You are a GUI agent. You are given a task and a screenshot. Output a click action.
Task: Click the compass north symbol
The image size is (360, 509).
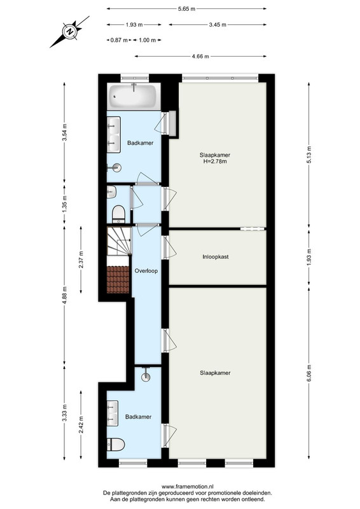click(69, 32)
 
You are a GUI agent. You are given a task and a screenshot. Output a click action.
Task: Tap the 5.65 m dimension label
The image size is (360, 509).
click(186, 9)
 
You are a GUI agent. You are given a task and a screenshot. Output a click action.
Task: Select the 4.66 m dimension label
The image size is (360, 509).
click(200, 57)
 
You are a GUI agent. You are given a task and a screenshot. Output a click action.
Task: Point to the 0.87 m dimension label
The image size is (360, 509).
click(119, 40)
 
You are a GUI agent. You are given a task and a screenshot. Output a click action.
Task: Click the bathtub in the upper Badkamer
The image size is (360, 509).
click(134, 97)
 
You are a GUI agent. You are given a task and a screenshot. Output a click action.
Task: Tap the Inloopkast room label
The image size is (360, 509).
click(216, 257)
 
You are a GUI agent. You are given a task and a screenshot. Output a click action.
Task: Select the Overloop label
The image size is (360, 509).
click(146, 271)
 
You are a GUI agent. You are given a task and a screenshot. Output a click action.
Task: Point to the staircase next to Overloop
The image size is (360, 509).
click(119, 241)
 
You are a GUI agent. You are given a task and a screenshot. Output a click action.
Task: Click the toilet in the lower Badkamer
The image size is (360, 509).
click(116, 444)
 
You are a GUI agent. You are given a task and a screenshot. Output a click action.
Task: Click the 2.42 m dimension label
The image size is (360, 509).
click(81, 424)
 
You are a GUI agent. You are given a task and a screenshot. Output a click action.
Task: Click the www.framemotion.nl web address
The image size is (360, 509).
click(187, 486)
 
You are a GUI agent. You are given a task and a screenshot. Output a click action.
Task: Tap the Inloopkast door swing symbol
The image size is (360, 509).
click(169, 248)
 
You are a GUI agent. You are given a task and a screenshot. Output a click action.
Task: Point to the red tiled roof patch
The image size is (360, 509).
click(118, 279)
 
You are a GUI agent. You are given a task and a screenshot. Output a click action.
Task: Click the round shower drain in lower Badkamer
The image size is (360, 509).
click(146, 376)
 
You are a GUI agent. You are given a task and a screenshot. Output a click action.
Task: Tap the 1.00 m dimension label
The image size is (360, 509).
click(147, 40)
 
